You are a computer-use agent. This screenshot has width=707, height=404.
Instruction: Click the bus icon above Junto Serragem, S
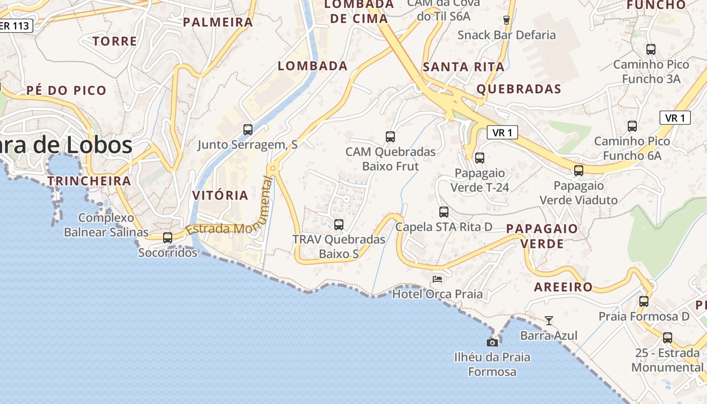[x=248, y=129]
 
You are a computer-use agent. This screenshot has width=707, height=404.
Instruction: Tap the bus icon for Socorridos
[x=168, y=237]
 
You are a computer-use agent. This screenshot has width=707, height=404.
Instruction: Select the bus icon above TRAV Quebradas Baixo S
[x=339, y=224]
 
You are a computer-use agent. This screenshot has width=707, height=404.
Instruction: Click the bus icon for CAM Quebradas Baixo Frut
[x=390, y=136]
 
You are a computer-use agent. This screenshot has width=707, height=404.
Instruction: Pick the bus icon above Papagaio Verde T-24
[x=480, y=158]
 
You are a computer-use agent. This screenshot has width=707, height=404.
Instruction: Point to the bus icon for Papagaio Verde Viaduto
[x=579, y=171]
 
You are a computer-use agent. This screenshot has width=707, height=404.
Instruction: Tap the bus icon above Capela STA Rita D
[x=444, y=212]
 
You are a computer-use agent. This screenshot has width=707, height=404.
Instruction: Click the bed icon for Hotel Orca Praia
[x=437, y=279]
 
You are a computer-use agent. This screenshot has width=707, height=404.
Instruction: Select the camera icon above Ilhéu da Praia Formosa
[x=492, y=342]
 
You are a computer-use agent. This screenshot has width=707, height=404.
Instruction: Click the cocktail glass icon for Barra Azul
[x=549, y=320]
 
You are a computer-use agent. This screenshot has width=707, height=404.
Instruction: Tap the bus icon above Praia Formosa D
[x=644, y=301]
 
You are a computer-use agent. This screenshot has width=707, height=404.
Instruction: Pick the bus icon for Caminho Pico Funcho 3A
[x=651, y=49]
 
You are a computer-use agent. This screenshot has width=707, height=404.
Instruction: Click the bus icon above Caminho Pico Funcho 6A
[x=632, y=126]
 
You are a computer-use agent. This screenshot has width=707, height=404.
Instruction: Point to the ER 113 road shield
[x=15, y=26]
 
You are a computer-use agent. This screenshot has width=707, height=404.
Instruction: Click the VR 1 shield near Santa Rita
[x=502, y=133]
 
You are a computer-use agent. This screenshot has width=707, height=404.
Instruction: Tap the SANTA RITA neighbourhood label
[x=464, y=67]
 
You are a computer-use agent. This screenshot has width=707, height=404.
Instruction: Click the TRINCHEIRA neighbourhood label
[x=89, y=181]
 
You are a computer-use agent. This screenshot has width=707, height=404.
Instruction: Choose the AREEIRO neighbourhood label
[x=564, y=287]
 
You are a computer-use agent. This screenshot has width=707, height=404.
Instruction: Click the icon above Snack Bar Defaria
[x=507, y=20]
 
